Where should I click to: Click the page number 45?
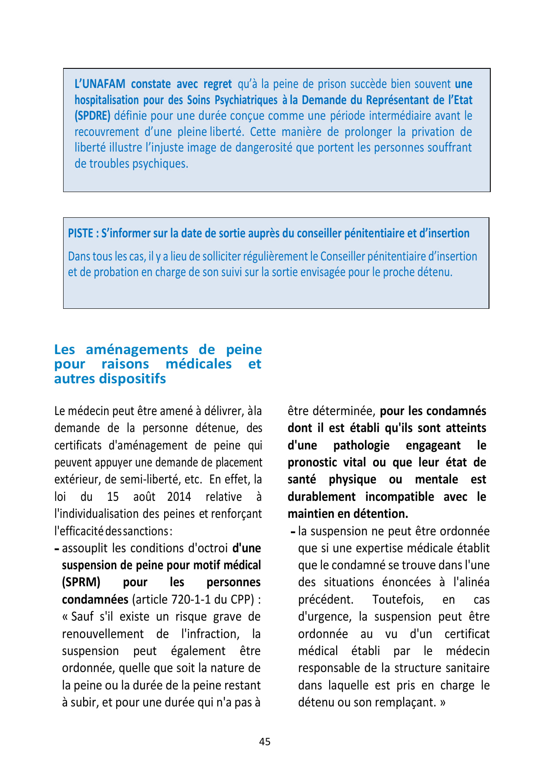tap(265, 742)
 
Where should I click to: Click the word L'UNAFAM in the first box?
tap(100, 84)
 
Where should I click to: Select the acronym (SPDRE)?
tap(92, 116)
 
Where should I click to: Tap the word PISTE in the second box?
tap(81, 233)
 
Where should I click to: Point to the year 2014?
tap(179, 497)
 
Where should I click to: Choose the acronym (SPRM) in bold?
tap(81, 582)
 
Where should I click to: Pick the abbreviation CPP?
tap(242, 600)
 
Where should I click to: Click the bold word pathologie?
tap(361, 446)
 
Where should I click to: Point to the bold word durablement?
tap(321, 497)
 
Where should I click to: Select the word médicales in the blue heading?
tap(199, 364)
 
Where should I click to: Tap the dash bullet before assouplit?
tap(57, 549)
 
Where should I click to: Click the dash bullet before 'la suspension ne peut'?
tap(293, 532)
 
